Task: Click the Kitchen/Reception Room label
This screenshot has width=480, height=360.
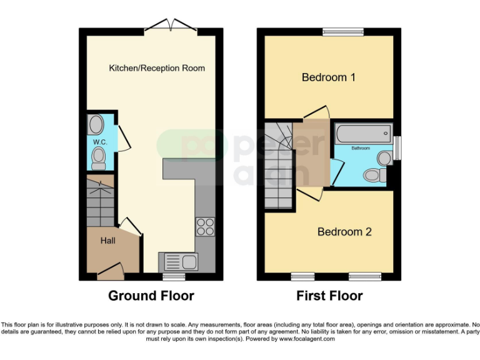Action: [x=157, y=67]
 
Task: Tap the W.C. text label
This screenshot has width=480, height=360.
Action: [x=100, y=142]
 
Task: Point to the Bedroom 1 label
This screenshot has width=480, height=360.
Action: [x=328, y=77]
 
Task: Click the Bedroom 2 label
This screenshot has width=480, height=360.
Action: [x=344, y=232]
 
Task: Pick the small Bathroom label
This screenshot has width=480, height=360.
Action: [x=360, y=148]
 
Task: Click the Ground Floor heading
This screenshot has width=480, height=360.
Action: [x=151, y=296]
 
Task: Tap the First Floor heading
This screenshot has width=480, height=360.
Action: [x=329, y=296]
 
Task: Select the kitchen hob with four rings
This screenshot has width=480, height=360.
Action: [x=205, y=226]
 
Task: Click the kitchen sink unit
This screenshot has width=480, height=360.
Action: [x=178, y=261]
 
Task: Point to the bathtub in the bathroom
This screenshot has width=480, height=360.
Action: [x=362, y=133]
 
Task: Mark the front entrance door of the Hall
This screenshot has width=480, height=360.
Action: [x=110, y=270]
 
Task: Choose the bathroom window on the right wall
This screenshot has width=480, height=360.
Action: [x=397, y=149]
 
